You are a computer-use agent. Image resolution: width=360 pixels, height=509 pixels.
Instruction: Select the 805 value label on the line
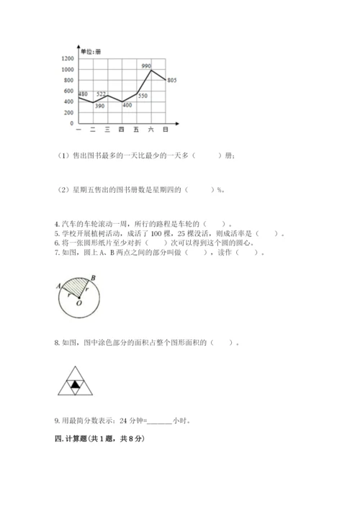tap(171, 79)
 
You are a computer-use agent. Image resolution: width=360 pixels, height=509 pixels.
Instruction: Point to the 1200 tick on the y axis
tap(68, 58)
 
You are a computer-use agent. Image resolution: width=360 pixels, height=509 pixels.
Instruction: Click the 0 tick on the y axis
tap(71, 123)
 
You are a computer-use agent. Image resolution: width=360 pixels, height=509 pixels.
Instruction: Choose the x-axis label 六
tap(150, 130)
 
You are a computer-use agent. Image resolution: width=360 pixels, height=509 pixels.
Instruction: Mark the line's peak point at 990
tap(150, 70)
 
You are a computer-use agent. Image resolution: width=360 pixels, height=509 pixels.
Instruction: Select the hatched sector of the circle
tap(75, 289)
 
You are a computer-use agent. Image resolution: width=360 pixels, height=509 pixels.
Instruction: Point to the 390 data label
tap(99, 107)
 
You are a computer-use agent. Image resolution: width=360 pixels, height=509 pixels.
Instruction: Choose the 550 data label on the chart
tap(143, 96)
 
